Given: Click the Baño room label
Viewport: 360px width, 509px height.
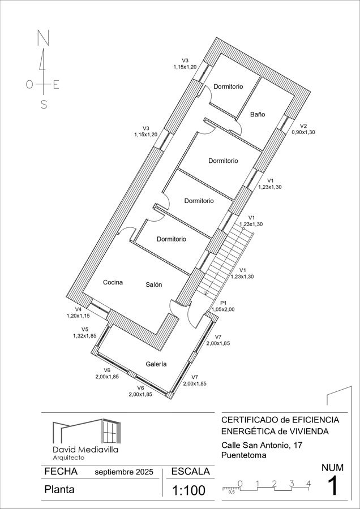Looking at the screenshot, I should tap(258, 114).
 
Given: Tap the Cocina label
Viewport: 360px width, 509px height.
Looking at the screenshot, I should tap(113, 282).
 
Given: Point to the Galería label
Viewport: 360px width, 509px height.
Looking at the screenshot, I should tap(156, 364).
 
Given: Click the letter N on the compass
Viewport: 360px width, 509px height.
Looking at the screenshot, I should tap(42, 38).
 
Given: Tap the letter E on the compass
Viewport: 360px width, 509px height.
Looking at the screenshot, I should tap(56, 85).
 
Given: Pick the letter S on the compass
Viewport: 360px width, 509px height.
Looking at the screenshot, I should tap(44, 104).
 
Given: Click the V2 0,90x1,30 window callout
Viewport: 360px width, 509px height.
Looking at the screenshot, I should tap(303, 129).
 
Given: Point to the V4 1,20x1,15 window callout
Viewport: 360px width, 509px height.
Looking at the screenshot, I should tap(78, 313).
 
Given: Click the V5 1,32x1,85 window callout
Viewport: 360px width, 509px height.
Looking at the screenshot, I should tap(84, 333).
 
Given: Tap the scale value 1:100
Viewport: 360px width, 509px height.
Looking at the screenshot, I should tap(188, 490).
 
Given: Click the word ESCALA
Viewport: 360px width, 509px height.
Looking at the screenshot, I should tap(190, 471).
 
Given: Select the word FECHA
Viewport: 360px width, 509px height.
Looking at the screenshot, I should tap(61, 471).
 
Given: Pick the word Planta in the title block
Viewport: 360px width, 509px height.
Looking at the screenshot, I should tap(59, 490).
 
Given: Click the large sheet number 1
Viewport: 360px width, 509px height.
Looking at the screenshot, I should tap(332, 486).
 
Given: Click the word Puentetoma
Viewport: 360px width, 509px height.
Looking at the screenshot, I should tap(244, 455).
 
